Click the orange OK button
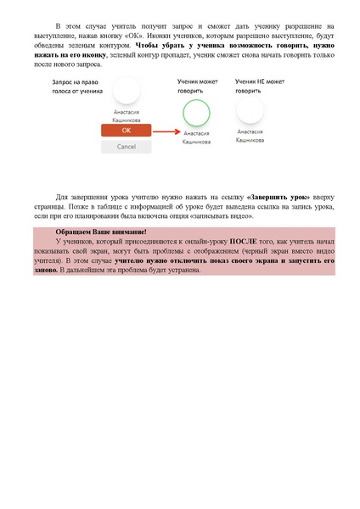126,131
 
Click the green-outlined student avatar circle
196,112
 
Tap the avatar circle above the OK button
126,91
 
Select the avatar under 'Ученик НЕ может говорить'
250,109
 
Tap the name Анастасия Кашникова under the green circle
196,137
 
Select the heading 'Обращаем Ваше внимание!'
100,232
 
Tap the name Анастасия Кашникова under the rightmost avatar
250,136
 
